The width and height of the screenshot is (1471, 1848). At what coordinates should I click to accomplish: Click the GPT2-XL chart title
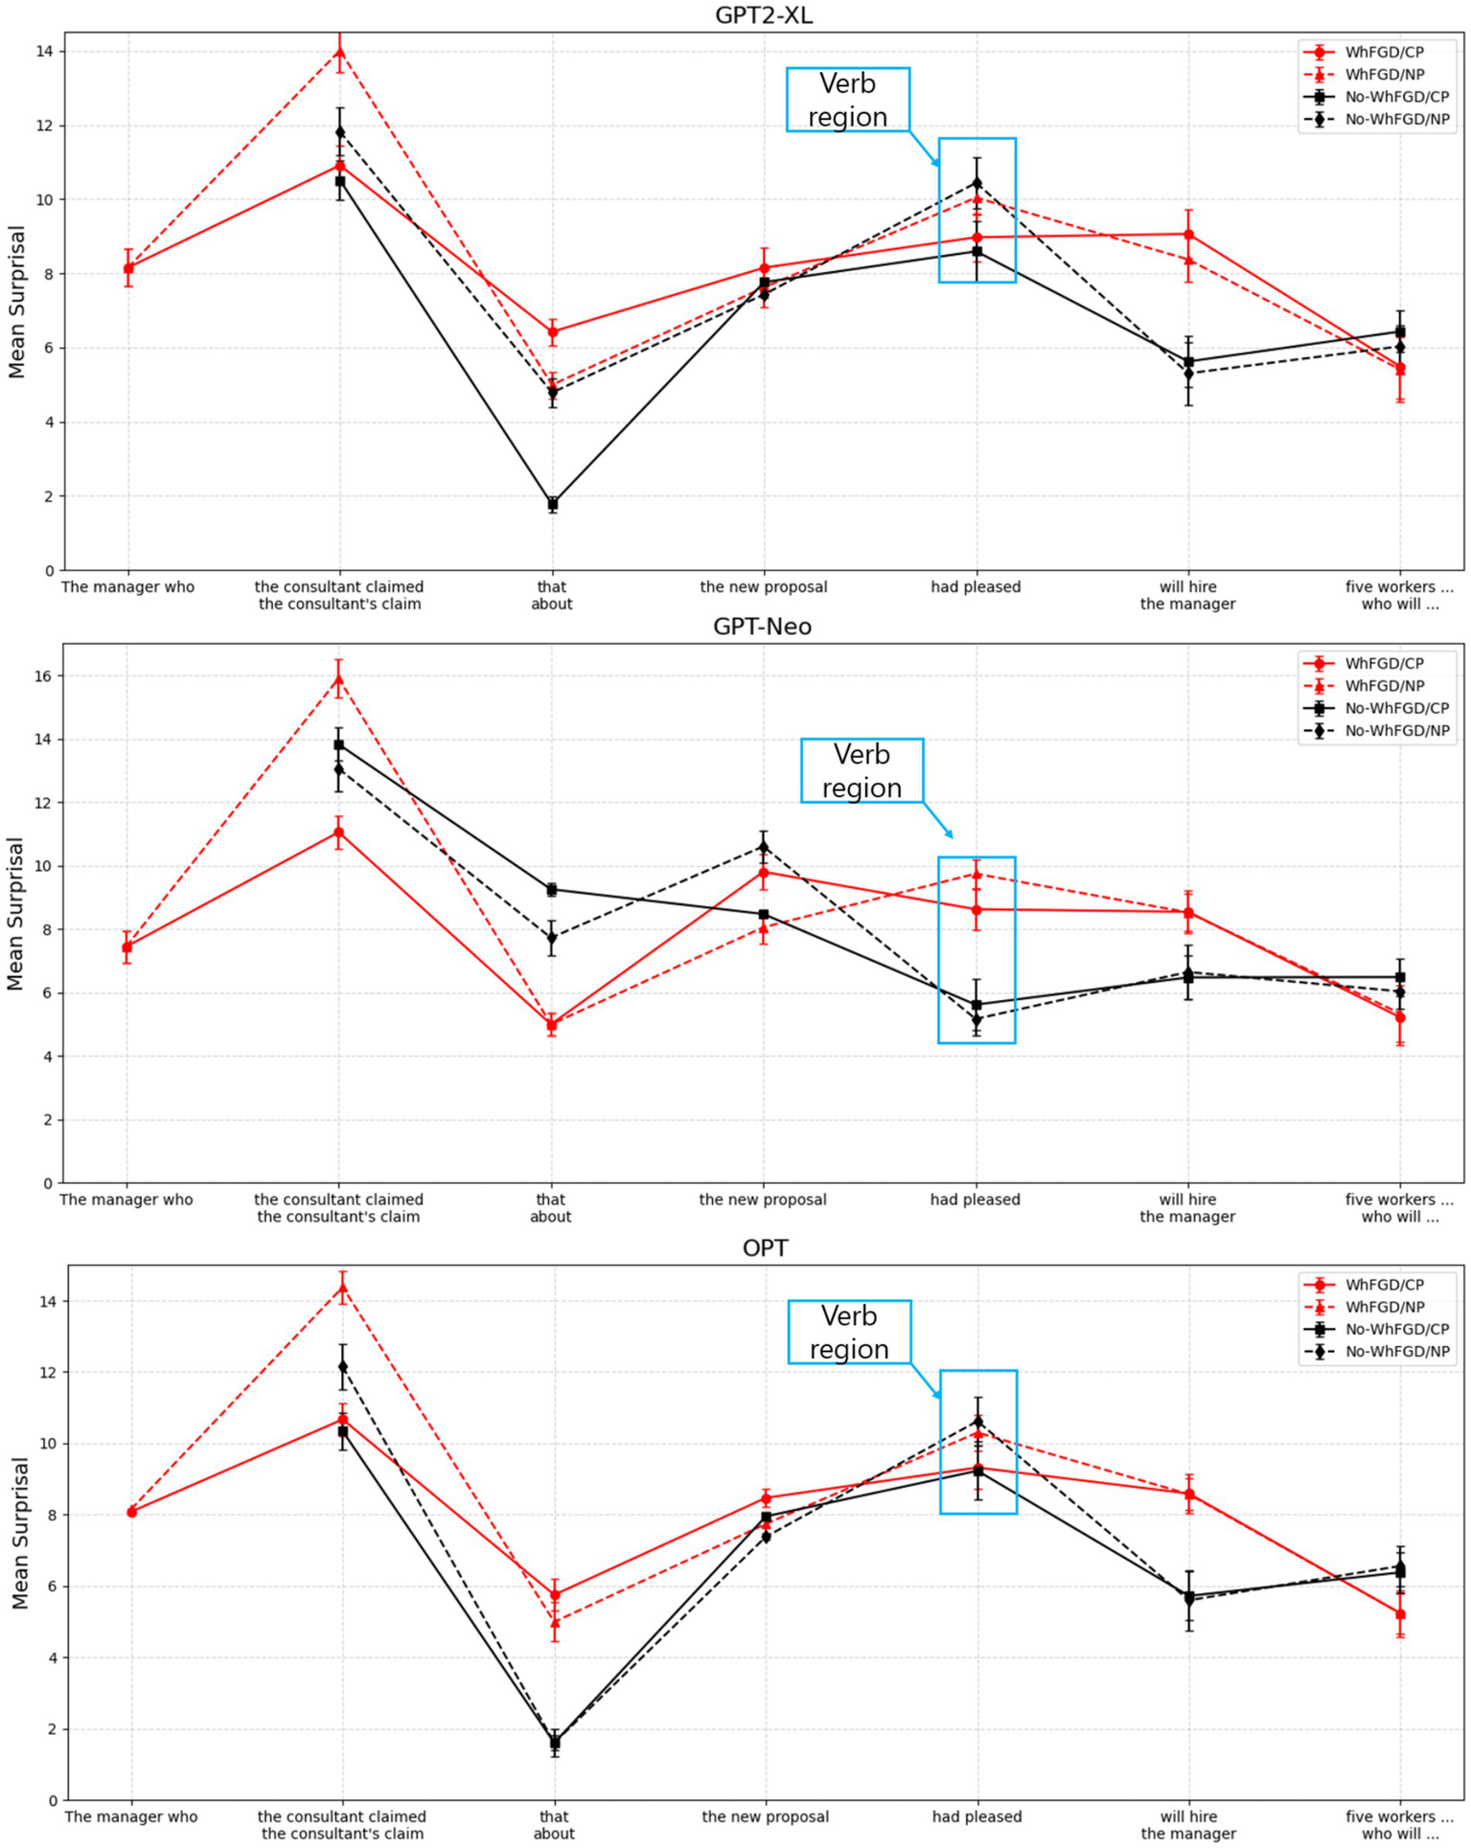pos(763,14)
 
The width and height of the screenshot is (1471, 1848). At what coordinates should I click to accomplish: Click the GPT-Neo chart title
pos(762,627)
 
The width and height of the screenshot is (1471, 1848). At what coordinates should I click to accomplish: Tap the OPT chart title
pos(765,1247)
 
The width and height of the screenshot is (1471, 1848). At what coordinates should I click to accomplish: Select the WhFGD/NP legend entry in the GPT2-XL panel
pos(1384,75)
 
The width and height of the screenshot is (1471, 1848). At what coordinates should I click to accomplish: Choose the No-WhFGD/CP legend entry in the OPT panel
pos(1396,1329)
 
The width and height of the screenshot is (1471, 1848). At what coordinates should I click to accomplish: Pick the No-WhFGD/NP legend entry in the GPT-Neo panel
pos(1396,731)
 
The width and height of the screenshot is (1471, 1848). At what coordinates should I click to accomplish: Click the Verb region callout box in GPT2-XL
pos(847,100)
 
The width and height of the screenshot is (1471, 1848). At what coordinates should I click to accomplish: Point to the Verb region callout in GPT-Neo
pos(862,770)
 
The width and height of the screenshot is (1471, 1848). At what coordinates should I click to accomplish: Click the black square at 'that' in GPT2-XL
pos(553,504)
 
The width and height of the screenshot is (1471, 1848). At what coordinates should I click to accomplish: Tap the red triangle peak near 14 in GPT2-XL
pos(339,51)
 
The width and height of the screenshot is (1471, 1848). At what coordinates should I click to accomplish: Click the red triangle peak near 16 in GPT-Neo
pos(338,679)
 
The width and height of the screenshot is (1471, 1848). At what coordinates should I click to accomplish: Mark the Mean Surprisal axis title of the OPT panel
pos(20,1532)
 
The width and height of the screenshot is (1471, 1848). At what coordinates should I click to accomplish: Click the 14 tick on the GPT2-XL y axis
pos(45,51)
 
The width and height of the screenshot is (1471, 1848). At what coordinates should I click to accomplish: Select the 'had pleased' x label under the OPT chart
pos(977,1816)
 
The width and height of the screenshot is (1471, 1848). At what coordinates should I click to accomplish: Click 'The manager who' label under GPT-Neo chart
pos(126,1199)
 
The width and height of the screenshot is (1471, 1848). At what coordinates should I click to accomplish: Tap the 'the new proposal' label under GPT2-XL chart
pos(763,587)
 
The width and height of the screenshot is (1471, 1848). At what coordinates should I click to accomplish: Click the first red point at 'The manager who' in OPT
pos(131,1512)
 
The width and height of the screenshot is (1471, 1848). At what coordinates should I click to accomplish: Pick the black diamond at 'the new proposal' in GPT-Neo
pos(764,847)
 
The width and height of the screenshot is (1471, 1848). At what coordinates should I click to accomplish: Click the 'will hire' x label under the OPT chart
pos(1188,1816)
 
